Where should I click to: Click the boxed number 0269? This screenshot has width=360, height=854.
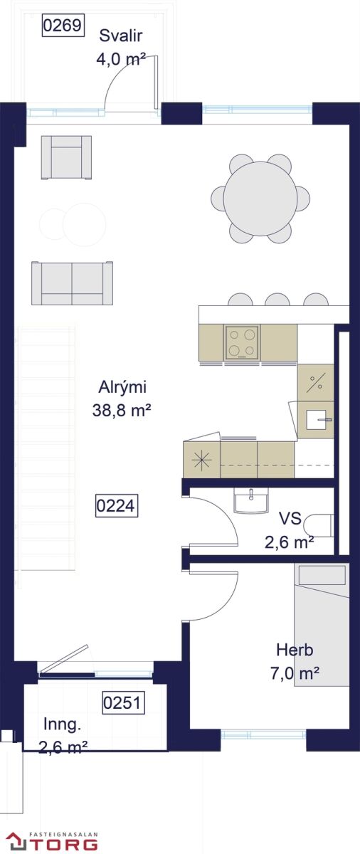click(63, 26)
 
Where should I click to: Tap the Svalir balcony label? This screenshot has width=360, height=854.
click(121, 36)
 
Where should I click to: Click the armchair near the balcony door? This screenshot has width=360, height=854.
click(66, 157)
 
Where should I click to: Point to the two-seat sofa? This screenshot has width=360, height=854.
click(73, 283)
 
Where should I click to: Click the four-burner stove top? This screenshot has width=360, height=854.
click(242, 342)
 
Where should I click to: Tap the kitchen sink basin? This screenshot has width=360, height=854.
click(315, 419)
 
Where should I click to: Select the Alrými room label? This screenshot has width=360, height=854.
click(122, 387)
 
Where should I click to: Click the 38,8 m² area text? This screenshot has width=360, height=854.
click(122, 411)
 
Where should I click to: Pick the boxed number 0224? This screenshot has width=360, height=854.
click(116, 506)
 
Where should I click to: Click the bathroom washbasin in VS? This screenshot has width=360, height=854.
click(251, 500)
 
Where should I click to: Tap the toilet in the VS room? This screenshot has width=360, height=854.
click(319, 526)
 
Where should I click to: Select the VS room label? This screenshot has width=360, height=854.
click(290, 519)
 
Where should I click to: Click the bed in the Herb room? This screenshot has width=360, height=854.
click(322, 626)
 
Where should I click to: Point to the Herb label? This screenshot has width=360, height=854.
click(295, 650)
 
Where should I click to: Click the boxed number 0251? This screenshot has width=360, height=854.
click(123, 702)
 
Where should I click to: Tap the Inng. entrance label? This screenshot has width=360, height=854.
click(62, 724)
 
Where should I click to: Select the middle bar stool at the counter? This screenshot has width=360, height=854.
click(277, 300)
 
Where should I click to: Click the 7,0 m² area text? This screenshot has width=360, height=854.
click(295, 673)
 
